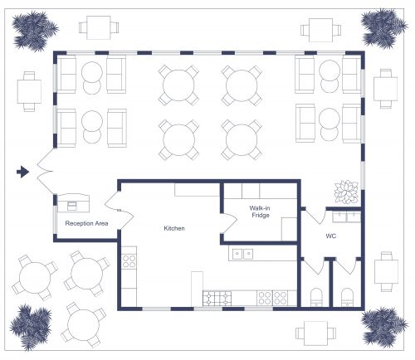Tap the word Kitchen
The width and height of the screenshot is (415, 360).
point(173,228)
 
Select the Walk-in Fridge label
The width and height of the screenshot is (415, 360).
point(261,212)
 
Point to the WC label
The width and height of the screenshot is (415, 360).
point(330,236)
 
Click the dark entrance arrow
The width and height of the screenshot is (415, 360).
point(23,172)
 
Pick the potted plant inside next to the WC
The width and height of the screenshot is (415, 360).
point(345,192)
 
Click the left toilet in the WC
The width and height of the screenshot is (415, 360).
point(315,297)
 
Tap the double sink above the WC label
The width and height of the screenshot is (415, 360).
point(346,217)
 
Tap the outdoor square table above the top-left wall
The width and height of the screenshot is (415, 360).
point(95,28)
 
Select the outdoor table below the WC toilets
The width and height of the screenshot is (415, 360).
point(317,333)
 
